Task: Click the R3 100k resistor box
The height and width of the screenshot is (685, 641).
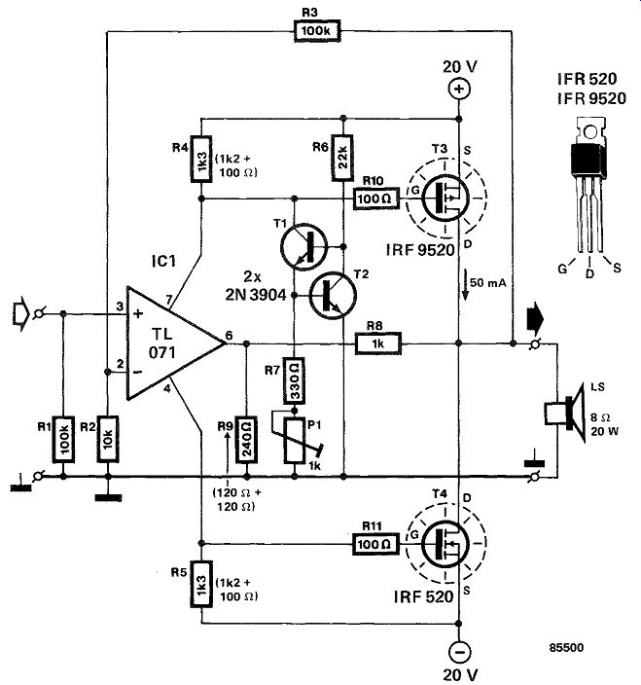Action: (316, 31)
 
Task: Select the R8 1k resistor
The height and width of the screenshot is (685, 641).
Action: (378, 343)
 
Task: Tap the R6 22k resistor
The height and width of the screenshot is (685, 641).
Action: (342, 158)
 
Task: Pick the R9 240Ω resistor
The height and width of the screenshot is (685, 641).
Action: (246, 440)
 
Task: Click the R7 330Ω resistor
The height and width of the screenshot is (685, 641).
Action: (295, 380)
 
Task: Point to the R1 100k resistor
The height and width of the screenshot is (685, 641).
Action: (63, 439)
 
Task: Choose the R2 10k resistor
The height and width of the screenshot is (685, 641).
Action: (108, 439)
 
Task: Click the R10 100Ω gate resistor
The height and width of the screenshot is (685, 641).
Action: (376, 198)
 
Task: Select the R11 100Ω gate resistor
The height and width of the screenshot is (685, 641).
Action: (376, 544)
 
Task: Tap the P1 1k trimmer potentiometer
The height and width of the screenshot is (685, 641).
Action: (295, 440)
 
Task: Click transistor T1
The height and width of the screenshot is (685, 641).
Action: (303, 247)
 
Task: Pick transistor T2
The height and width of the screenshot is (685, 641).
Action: (334, 296)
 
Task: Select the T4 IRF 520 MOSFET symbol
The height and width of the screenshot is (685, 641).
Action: (446, 544)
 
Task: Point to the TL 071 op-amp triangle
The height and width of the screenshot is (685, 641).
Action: (176, 343)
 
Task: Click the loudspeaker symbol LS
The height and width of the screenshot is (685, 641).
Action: (565, 414)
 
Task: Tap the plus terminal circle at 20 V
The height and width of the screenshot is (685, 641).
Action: (459, 90)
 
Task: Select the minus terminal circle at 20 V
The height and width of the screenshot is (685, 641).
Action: (459, 652)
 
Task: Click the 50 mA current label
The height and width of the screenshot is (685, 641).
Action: (488, 283)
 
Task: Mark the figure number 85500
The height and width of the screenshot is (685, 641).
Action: (566, 647)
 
